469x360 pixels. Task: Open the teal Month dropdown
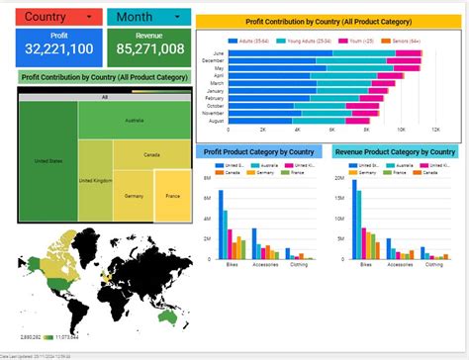[148, 17]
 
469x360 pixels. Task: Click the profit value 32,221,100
[59, 48]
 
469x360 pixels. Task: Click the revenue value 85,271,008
[148, 48]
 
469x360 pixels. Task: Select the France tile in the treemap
[172, 196]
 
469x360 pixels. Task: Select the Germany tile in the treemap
[133, 196]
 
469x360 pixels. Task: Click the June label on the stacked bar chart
[218, 53]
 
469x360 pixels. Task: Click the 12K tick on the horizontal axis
[435, 130]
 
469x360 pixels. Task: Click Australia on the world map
[173, 320]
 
